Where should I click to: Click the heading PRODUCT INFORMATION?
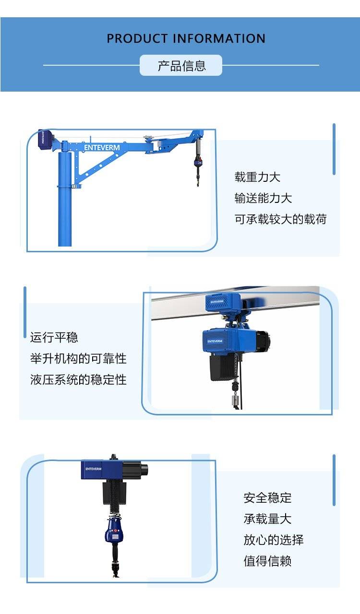[186, 38]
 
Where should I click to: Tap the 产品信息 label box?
[181, 65]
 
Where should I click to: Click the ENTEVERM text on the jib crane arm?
[102, 147]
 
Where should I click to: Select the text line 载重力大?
[257, 177]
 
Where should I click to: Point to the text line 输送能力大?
[263, 198]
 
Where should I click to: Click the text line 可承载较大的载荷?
[280, 219]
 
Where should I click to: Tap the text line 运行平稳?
[54, 337]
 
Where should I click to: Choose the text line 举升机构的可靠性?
[78, 358]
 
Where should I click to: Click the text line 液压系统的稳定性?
[78, 379]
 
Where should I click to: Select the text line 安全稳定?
[267, 498]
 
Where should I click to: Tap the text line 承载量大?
[267, 519]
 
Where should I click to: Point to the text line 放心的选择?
[273, 540]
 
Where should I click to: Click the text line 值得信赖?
[267, 561]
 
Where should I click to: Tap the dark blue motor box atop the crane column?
[45, 140]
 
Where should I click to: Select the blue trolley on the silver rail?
[223, 302]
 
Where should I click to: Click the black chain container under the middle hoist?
[222, 367]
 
